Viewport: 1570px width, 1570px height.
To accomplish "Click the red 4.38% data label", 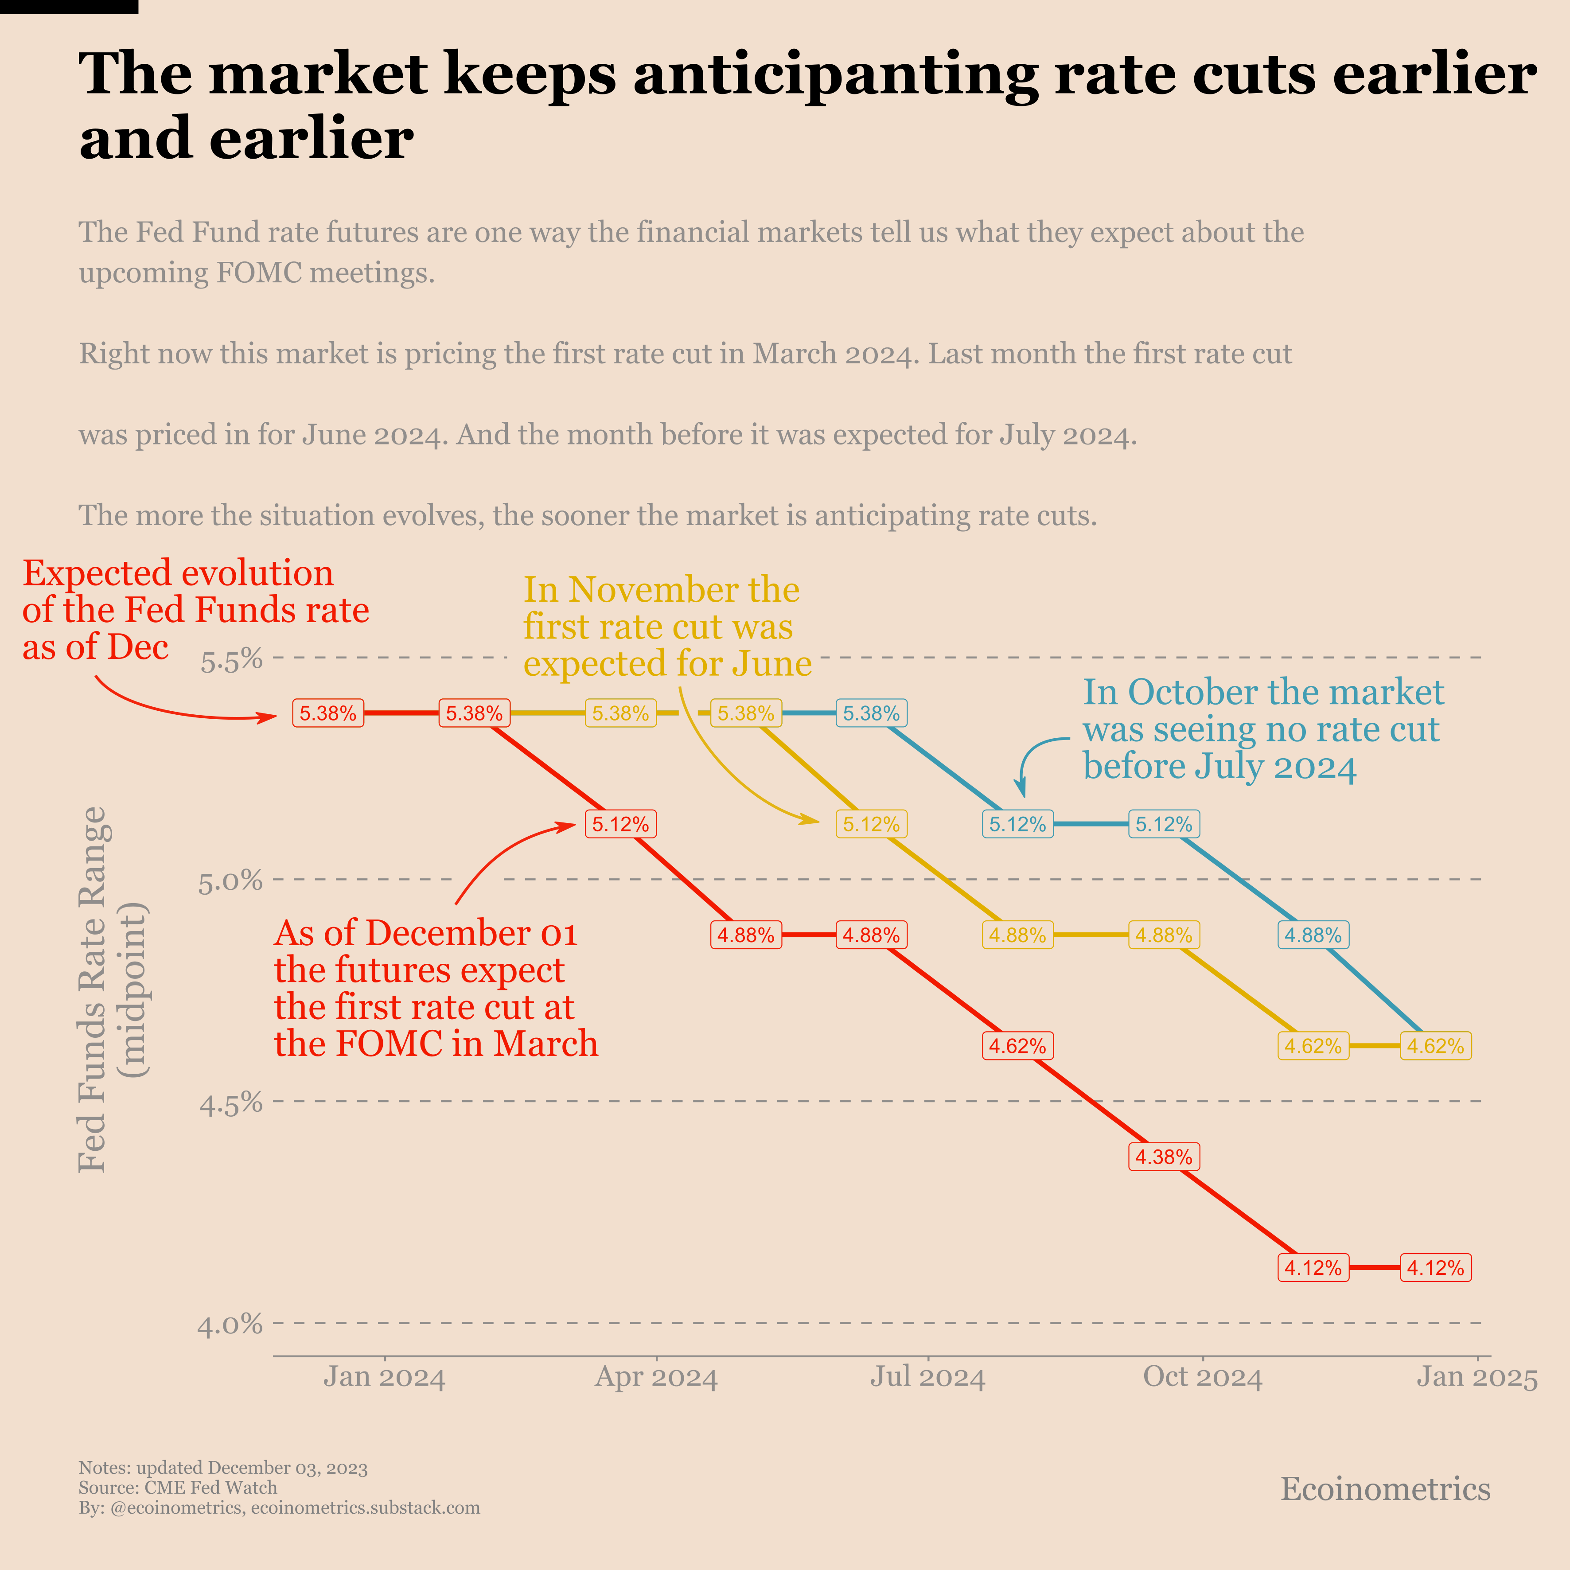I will point(1164,1157).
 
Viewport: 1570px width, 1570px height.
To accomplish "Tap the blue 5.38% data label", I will point(871,713).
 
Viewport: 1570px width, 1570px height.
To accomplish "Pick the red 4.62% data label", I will point(1017,1047).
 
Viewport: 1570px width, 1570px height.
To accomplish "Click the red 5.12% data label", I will point(620,825).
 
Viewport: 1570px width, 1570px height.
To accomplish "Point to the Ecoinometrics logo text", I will point(1386,1489).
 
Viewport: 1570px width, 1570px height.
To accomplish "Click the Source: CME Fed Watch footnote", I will point(178,1488).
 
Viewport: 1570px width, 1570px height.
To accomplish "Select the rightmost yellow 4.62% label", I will point(1435,1047).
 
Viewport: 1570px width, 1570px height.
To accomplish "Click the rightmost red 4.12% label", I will point(1435,1269).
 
